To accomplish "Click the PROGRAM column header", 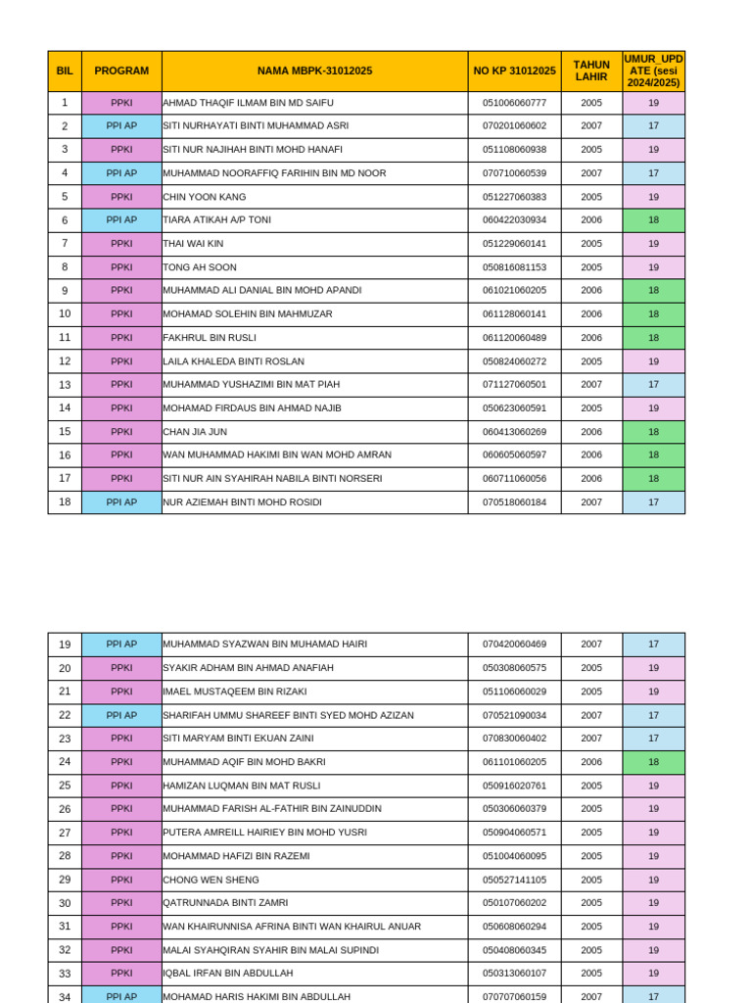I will (x=121, y=71).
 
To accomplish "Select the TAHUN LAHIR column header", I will (x=591, y=71).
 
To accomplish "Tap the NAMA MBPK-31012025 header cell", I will (x=314, y=71).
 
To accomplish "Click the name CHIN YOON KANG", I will (x=205, y=197).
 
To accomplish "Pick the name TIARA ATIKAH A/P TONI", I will (x=217, y=220).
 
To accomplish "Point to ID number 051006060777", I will (x=514, y=103).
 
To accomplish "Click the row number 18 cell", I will (x=65, y=502).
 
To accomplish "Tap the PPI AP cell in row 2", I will (x=121, y=126).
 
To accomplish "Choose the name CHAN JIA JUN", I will (x=195, y=432).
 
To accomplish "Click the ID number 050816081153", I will (x=514, y=267).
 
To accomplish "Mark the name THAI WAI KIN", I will (x=193, y=244).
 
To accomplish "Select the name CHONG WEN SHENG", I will (x=211, y=880).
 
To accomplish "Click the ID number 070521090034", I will (x=514, y=715).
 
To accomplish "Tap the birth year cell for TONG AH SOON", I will (x=591, y=267).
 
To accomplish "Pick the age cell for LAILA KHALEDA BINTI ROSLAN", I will (x=653, y=361).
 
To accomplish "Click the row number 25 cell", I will (x=65, y=786).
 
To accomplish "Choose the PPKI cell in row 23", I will (x=121, y=739).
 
